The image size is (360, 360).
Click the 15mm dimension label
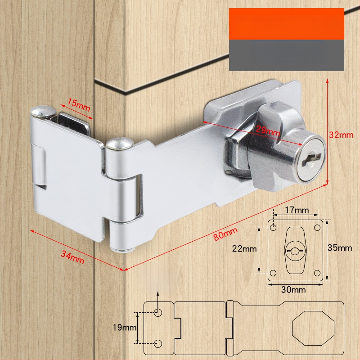pyautogui.click(x=78, y=105)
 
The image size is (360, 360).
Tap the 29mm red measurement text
pyautogui.click(x=267, y=131)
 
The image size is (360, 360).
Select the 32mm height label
pyautogui.click(x=341, y=135)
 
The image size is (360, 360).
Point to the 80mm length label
pyautogui.click(x=225, y=234)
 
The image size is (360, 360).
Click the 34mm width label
pyautogui.click(x=72, y=257)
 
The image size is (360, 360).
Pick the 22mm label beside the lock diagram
pyautogui.click(x=244, y=249)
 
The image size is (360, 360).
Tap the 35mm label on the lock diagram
pyautogui.click(x=340, y=248)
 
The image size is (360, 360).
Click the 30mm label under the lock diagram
pyautogui.click(x=293, y=290)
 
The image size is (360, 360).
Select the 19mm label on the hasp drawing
pyautogui.click(x=125, y=328)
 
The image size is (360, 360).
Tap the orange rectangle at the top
pyautogui.click(x=287, y=24)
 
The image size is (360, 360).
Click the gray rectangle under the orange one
pyautogui.click(x=287, y=55)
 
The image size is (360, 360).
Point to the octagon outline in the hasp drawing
pyautogui.click(x=292, y=328)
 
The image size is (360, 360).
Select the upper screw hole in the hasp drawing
pyautogui.click(x=158, y=312)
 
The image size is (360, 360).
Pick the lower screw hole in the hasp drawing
pyautogui.click(x=158, y=343)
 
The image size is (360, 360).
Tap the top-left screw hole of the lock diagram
pyautogui.click(x=273, y=228)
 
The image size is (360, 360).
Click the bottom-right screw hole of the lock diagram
pyautogui.click(x=317, y=273)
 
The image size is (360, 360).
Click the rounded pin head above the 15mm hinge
pyautogui.click(x=44, y=111)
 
